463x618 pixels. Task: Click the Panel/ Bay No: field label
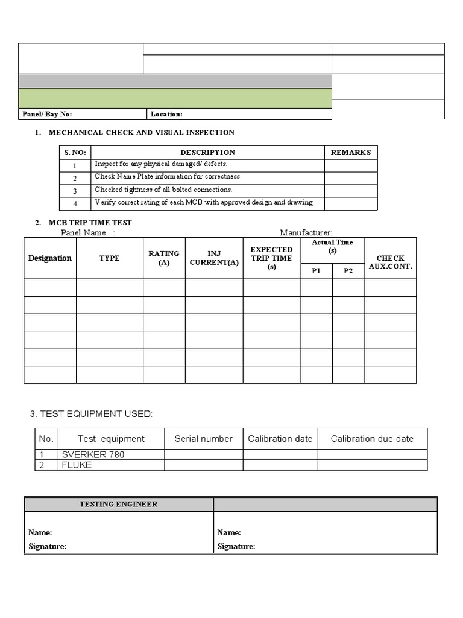(x=47, y=114)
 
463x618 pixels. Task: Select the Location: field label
(x=166, y=114)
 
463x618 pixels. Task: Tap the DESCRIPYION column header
(x=207, y=153)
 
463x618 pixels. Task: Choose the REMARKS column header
(x=351, y=153)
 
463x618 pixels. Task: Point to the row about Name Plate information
(x=167, y=177)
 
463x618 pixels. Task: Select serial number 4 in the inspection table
(x=75, y=204)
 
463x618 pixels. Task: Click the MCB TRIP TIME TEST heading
(x=90, y=223)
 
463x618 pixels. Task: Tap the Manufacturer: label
(x=306, y=232)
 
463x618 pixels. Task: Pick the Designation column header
(x=50, y=258)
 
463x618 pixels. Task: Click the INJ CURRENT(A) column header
(x=214, y=258)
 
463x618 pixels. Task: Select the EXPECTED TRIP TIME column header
(x=271, y=258)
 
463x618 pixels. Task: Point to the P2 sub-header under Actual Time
(x=348, y=271)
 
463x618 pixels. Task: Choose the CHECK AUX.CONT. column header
(x=390, y=263)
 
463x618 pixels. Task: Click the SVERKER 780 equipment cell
(x=93, y=454)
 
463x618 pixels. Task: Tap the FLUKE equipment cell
(x=77, y=465)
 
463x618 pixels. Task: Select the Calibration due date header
(x=372, y=439)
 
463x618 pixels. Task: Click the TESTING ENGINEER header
(x=118, y=504)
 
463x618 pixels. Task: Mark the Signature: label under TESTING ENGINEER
(x=47, y=546)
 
